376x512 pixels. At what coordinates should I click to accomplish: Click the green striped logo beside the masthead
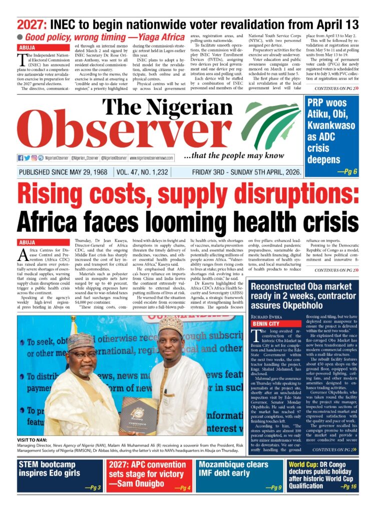(270, 125)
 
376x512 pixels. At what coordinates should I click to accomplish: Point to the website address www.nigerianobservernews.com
(151, 158)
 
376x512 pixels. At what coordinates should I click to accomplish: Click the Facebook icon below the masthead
(21, 158)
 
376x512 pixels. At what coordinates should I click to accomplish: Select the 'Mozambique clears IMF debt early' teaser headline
(236, 468)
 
